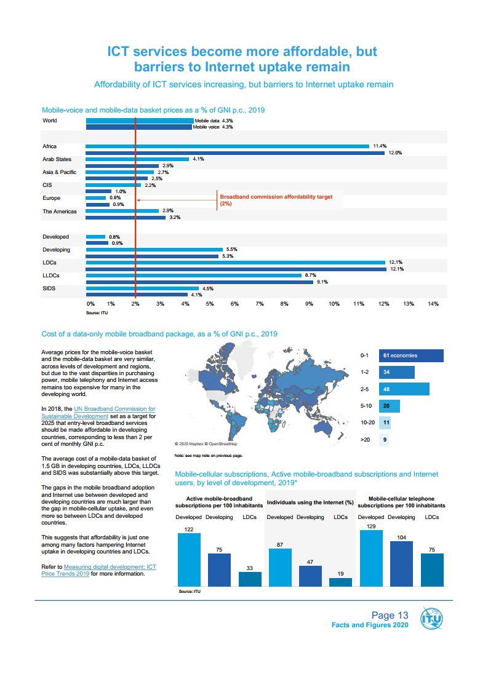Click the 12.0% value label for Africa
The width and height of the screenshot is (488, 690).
(x=394, y=153)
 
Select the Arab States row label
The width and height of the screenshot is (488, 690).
(x=57, y=159)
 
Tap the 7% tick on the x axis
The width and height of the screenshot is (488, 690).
(x=259, y=304)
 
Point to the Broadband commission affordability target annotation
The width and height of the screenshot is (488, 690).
(x=276, y=200)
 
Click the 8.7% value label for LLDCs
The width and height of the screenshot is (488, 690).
(x=310, y=276)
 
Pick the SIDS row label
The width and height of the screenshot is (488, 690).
(x=49, y=288)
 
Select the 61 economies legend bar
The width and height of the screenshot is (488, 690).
(x=410, y=355)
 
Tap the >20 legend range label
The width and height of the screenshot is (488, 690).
(x=364, y=440)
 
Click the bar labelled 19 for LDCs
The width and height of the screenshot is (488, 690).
(x=340, y=582)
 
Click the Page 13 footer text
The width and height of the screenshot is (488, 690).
(x=390, y=615)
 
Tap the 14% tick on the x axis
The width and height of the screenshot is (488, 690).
(x=433, y=304)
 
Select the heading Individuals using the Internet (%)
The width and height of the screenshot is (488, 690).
(x=310, y=503)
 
